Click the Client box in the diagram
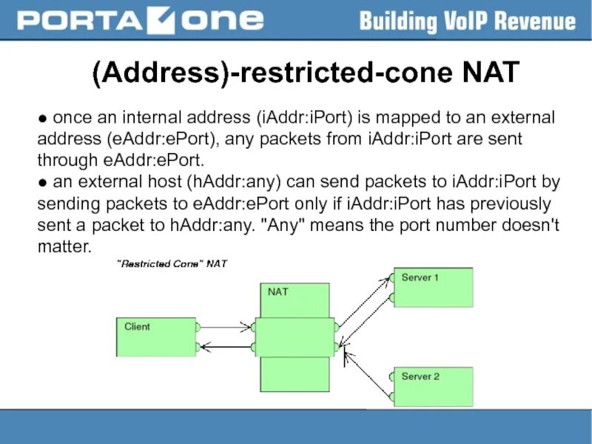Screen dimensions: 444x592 click(155, 337)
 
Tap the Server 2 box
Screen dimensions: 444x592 click(433, 386)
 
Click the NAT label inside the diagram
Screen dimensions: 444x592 click(278, 292)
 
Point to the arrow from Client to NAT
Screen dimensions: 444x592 click(226, 326)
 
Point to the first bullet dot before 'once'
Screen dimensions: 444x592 click(44, 119)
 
